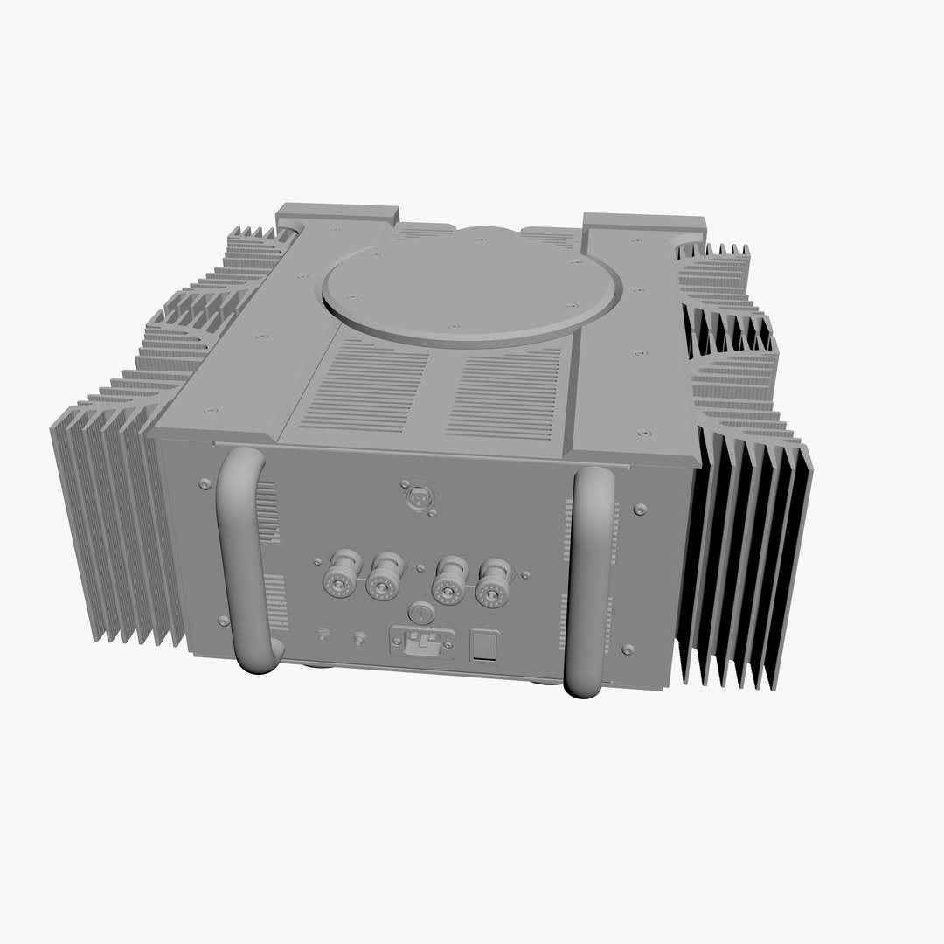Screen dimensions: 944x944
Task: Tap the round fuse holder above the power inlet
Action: [420, 614]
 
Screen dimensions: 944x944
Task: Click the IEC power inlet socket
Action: [423, 645]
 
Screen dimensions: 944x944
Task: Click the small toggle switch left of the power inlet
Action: [358, 639]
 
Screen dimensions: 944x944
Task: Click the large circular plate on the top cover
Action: [472, 282]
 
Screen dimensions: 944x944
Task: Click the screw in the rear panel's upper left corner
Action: [205, 483]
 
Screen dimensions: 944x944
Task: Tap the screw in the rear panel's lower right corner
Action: [628, 649]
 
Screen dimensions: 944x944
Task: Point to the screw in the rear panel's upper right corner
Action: [641, 508]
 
